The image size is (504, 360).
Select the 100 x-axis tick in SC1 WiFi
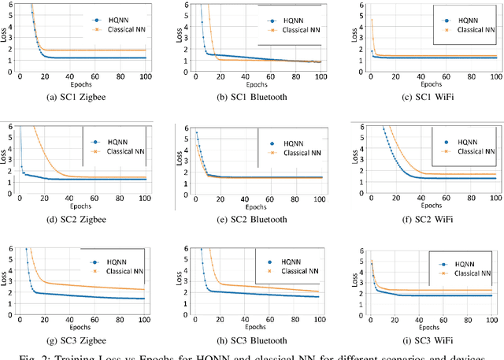click(495, 76)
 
